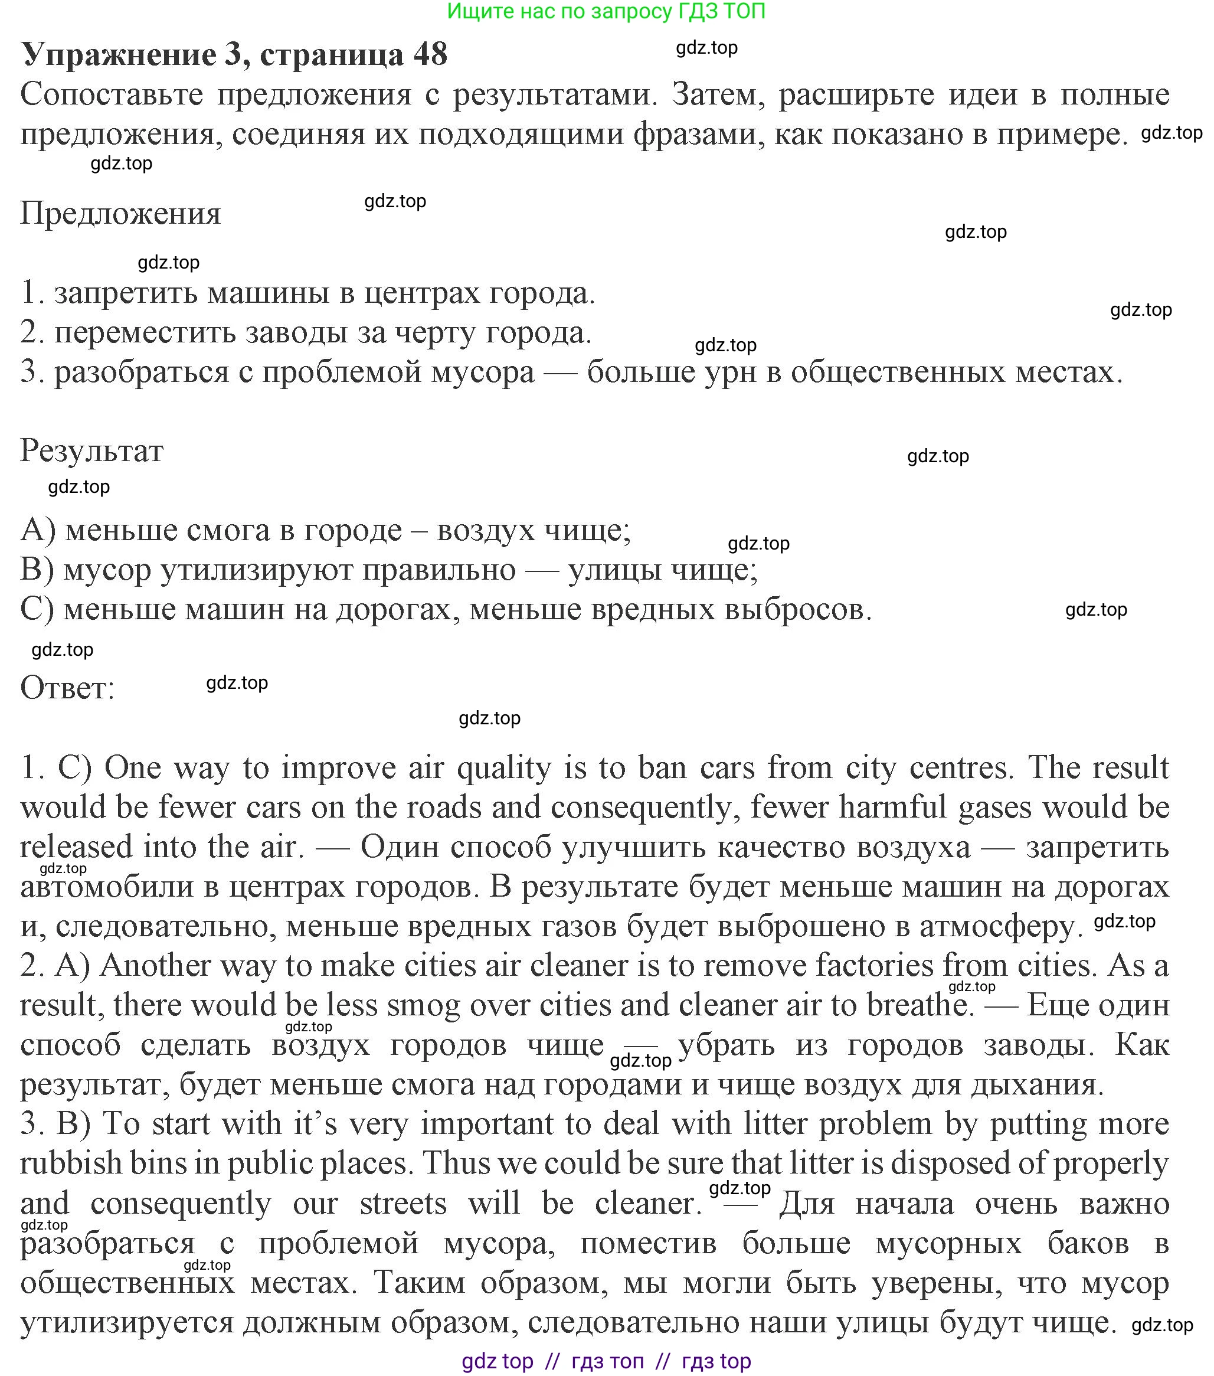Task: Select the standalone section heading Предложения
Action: (x=120, y=214)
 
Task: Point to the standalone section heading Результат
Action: (x=91, y=450)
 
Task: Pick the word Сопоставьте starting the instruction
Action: (x=112, y=95)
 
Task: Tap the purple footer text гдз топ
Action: (x=607, y=1361)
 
